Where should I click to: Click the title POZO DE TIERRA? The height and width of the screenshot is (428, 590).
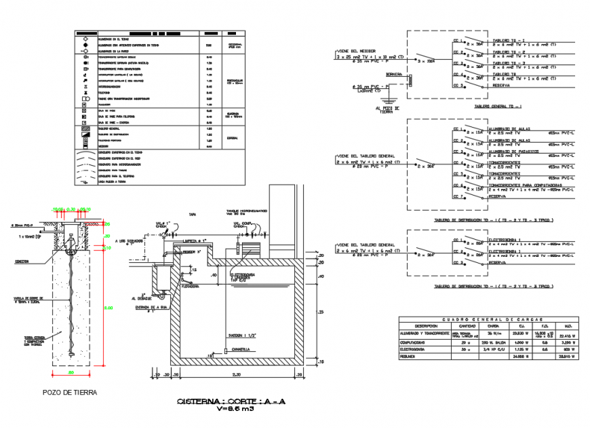69,392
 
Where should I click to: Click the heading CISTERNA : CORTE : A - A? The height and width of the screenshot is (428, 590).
231,402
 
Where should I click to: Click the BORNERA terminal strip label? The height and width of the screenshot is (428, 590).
393,75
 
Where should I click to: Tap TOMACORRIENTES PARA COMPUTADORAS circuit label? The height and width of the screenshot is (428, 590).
524,184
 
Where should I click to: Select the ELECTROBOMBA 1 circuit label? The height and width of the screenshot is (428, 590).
505,240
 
